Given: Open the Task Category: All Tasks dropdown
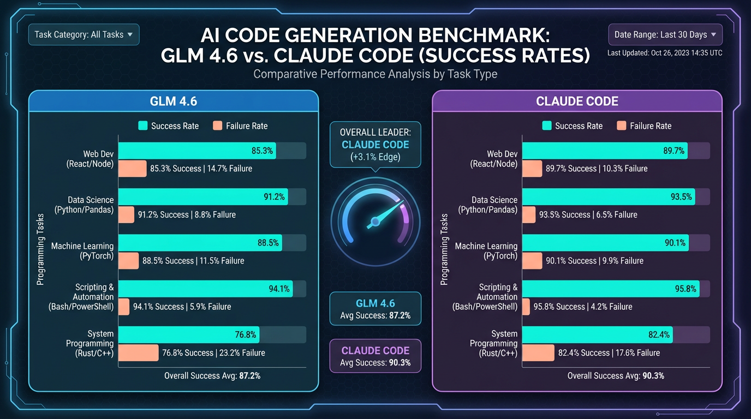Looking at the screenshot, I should tap(84, 34).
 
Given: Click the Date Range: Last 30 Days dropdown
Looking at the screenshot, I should tap(665, 34).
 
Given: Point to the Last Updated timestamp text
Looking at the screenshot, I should tap(665, 53).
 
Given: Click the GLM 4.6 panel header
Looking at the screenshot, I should tap(173, 101).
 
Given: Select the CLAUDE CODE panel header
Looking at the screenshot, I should tap(577, 101).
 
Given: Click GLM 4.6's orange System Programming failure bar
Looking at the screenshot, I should tap(138, 353).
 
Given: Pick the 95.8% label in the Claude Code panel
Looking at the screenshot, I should tap(685, 289).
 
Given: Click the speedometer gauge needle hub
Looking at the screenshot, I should tap(375, 222).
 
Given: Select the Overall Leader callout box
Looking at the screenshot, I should tap(375, 145).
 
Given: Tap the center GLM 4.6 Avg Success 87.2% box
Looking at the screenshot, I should tap(375, 309).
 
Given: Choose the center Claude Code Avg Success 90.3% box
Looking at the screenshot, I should tap(375, 356).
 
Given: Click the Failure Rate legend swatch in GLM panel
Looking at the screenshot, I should tap(218, 126).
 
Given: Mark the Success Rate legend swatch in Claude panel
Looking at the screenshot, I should tap(547, 126).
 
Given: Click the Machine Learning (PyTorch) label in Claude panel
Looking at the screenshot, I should tap(486, 251).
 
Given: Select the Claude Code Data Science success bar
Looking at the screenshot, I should tap(608, 197).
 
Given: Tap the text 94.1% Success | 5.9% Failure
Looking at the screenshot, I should tap(182, 307).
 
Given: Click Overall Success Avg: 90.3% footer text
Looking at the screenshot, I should tap(615, 376).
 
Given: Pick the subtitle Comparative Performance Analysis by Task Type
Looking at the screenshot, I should tap(375, 74).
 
